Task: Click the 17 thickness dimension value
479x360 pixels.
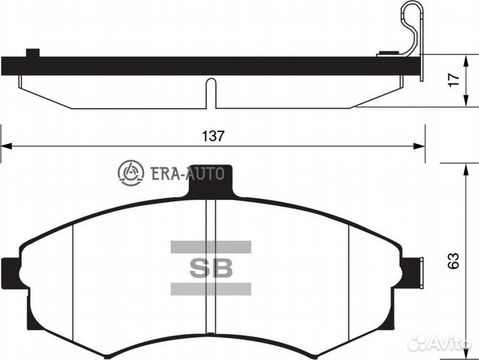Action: pyautogui.click(x=454, y=80)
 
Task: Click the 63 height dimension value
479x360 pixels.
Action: pyautogui.click(x=454, y=259)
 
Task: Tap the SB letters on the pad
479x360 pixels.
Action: pyautogui.click(x=211, y=268)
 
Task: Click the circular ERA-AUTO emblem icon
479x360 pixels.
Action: pyautogui.click(x=131, y=173)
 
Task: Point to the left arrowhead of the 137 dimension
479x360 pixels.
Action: pyautogui.click(x=5, y=145)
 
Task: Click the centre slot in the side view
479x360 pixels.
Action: pyautogui.click(x=211, y=93)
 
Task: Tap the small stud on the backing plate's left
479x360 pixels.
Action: pyautogui.click(x=32, y=52)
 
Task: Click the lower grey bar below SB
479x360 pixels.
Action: pyautogui.click(x=211, y=289)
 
